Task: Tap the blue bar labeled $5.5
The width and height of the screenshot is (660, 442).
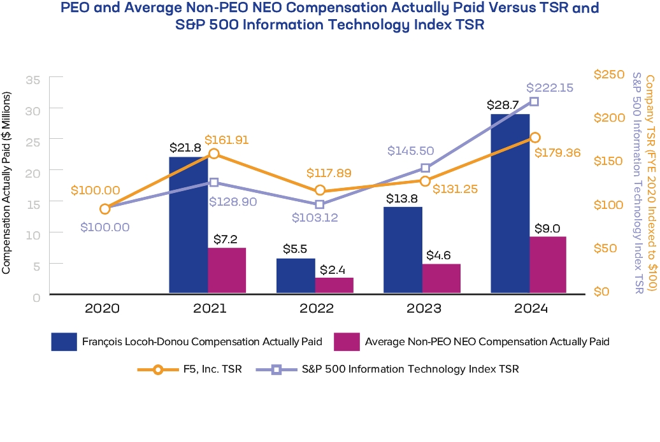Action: (x=296, y=276)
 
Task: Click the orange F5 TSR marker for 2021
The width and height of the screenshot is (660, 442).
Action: (x=214, y=153)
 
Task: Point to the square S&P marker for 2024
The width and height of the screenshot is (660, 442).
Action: (x=534, y=102)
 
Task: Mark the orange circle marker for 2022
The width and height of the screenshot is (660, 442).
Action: (x=320, y=190)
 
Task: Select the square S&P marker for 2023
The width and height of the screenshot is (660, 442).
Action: (x=426, y=168)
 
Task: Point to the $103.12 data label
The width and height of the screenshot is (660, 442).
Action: (x=315, y=217)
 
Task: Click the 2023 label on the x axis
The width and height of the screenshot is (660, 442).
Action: (x=424, y=309)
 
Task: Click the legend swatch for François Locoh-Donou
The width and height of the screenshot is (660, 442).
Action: (x=64, y=341)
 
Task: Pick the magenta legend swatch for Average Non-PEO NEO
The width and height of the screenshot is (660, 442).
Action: (x=346, y=341)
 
